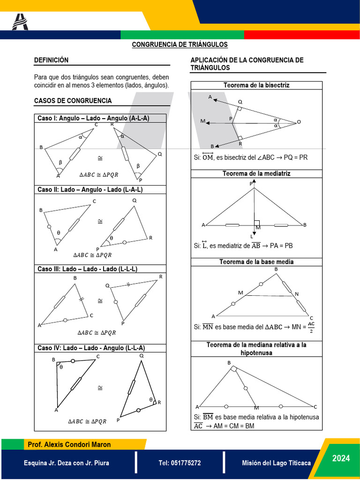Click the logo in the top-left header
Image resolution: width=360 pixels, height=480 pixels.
click(x=20, y=22)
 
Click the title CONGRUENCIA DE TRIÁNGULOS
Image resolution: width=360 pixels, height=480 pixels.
click(x=180, y=45)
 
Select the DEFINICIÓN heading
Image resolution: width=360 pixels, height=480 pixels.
click(x=52, y=60)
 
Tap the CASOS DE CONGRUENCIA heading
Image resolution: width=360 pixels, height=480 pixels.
click(x=73, y=101)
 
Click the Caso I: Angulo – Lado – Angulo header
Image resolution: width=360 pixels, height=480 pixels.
click(x=93, y=119)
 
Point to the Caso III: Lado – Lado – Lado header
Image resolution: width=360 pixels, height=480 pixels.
click(x=87, y=269)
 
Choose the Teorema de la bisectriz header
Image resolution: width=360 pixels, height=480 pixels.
click(x=256, y=85)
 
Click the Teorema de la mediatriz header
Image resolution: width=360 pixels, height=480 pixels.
click(x=256, y=173)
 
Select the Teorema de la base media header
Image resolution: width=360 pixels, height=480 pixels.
click(x=256, y=262)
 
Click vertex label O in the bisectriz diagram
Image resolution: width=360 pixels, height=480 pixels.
click(x=299, y=122)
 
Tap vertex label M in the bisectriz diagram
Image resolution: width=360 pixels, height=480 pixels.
click(x=202, y=121)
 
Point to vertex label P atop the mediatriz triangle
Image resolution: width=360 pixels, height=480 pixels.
click(x=251, y=184)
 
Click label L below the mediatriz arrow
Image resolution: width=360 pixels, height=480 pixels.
click(x=252, y=237)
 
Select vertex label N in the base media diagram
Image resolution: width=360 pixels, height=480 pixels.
click(x=296, y=294)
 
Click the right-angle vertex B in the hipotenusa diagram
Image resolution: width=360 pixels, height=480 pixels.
click(x=229, y=363)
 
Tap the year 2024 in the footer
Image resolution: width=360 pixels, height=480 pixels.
click(x=341, y=458)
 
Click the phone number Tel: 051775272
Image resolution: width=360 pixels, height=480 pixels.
click(x=180, y=463)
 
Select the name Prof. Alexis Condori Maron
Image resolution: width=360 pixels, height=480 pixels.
click(x=69, y=444)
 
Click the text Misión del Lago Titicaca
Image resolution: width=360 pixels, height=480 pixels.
click(x=276, y=463)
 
